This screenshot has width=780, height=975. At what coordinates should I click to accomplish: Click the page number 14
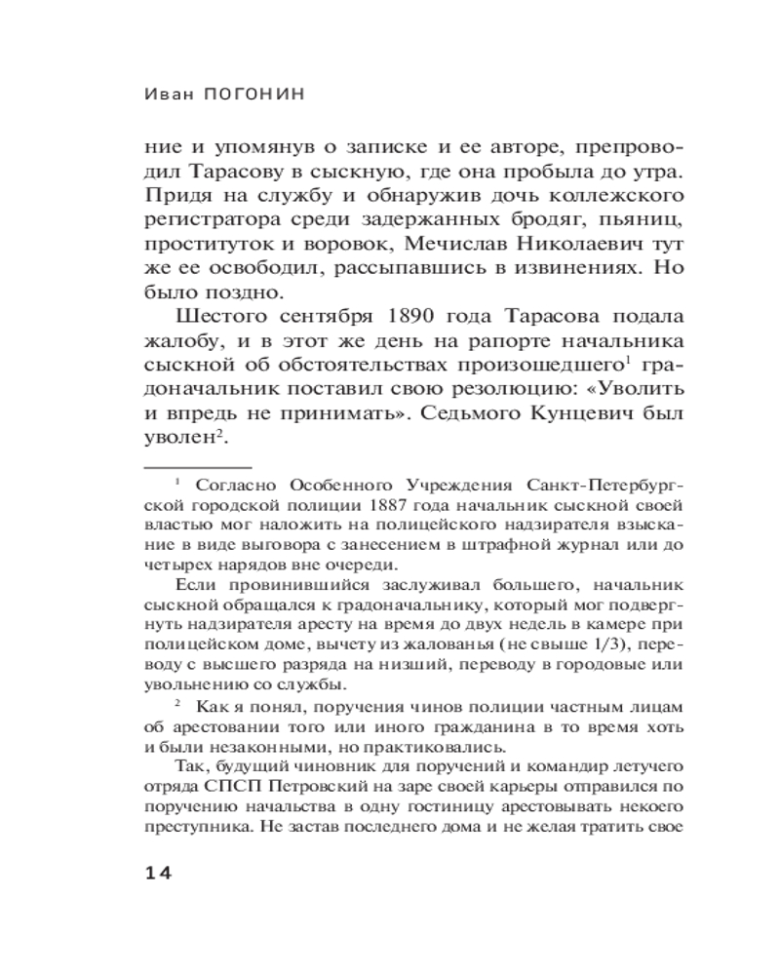[157, 873]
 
